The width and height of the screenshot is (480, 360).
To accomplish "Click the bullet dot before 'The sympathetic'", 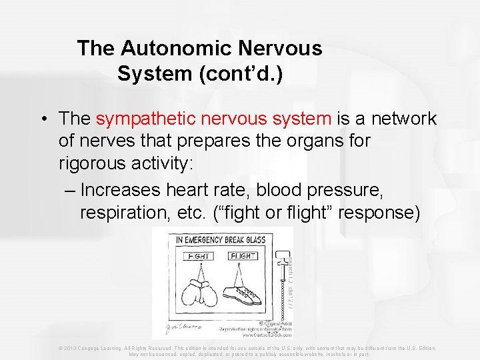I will (42, 119).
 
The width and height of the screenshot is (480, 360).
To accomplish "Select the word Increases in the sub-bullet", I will (120, 190).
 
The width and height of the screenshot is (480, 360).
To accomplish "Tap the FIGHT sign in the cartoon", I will (199, 256).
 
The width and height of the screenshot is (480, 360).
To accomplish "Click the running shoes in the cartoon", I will (241, 294).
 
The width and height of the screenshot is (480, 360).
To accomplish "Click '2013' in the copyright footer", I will (74, 348).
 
